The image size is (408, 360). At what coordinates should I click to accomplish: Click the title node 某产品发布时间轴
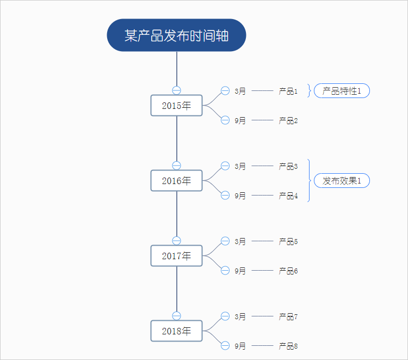coord(176,35)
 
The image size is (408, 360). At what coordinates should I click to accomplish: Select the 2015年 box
coord(176,106)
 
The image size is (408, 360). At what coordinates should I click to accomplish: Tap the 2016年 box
coord(176,181)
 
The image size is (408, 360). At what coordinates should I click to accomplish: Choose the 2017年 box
coord(176,256)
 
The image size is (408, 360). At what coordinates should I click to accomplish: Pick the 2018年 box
coord(176,331)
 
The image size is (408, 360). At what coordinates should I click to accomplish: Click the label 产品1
coord(288,91)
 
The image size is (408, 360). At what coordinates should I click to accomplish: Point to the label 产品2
coord(288,120)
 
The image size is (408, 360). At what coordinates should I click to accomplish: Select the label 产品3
coord(288,166)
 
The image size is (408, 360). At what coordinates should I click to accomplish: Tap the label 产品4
coord(288,196)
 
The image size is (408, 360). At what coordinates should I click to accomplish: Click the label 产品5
coord(288,241)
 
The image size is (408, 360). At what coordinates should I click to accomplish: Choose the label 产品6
coord(288,271)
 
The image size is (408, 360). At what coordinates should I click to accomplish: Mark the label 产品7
coord(288,316)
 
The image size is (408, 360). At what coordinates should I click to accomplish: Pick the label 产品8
coord(288,346)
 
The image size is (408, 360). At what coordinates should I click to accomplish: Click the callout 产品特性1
coord(342,91)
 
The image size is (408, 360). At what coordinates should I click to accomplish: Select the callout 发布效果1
coord(342,181)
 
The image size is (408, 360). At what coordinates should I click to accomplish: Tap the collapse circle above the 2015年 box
coord(176,90)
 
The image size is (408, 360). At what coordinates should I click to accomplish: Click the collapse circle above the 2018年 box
coord(176,316)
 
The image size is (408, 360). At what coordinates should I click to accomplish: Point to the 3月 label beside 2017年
coord(240,241)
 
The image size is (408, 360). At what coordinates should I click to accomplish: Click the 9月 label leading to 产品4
coord(240,196)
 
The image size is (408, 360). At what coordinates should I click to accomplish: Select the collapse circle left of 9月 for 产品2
coord(225,120)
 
